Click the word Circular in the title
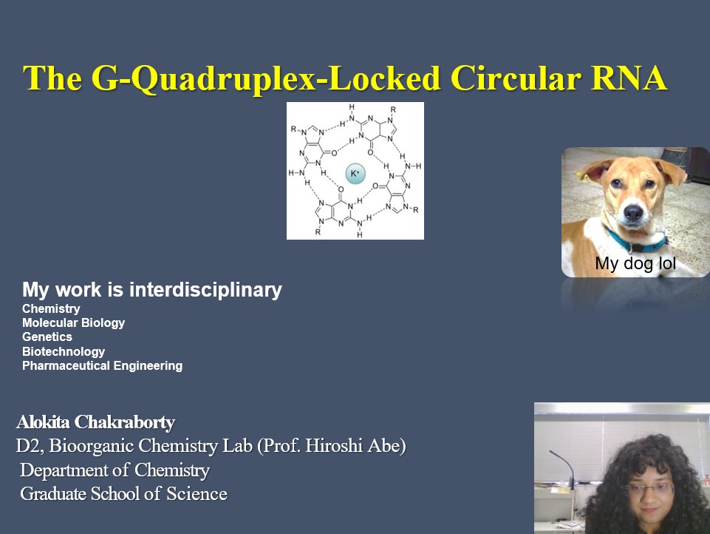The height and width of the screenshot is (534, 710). pyautogui.click(x=516, y=78)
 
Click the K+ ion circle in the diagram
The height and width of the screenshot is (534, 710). pyautogui.click(x=355, y=173)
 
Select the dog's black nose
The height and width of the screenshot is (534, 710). pyautogui.click(x=632, y=212)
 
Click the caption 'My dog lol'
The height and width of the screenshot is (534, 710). pyautogui.click(x=635, y=263)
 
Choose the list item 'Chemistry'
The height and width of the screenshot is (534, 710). pyautogui.click(x=51, y=308)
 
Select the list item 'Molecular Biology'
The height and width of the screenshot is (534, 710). pyautogui.click(x=73, y=322)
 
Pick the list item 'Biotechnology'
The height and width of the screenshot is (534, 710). pyautogui.click(x=64, y=351)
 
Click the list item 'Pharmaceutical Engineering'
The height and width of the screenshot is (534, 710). pyautogui.click(x=103, y=365)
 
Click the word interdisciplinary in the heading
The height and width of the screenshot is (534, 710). pyautogui.click(x=206, y=290)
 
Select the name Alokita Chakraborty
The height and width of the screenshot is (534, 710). pyautogui.click(x=95, y=422)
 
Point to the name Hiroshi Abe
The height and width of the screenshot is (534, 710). pyautogui.click(x=355, y=445)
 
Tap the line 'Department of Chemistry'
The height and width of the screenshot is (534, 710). pyautogui.click(x=115, y=470)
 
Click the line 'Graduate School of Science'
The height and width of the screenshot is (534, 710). pyautogui.click(x=123, y=493)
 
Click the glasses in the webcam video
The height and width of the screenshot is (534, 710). pyautogui.click(x=649, y=489)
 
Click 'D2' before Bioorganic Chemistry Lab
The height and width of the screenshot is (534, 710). pyautogui.click(x=30, y=445)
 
